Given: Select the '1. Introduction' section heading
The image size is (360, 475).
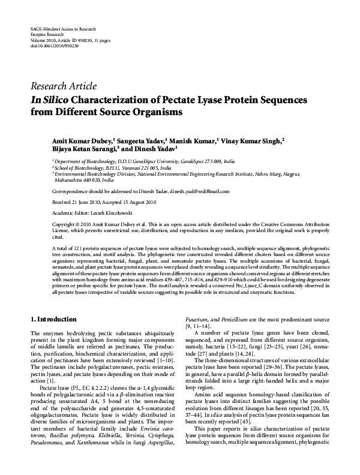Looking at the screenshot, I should (53, 319).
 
